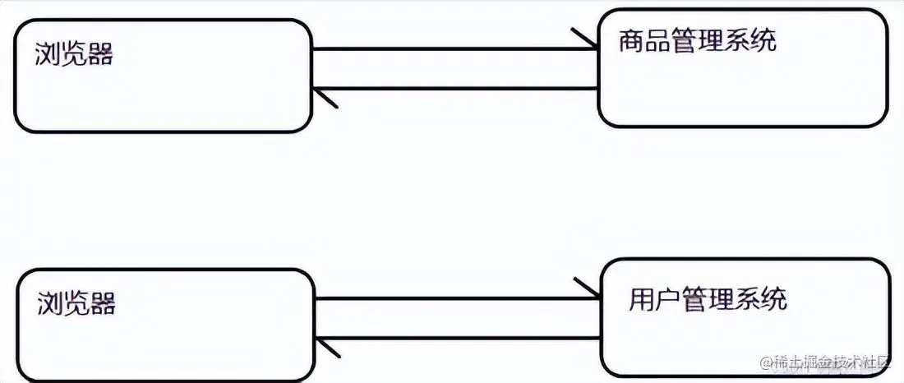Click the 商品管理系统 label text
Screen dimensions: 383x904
[698, 41]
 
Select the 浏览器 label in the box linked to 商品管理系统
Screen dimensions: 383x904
[74, 55]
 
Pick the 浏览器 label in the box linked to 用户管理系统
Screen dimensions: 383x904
[76, 303]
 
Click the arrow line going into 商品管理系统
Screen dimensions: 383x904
[452, 49]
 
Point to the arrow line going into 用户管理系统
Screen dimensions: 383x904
[456, 298]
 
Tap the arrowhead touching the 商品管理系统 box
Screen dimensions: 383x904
[586, 41]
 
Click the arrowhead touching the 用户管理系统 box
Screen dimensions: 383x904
[588, 289]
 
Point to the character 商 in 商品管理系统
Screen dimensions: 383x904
[631, 41]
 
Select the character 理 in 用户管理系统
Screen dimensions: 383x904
[722, 298]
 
